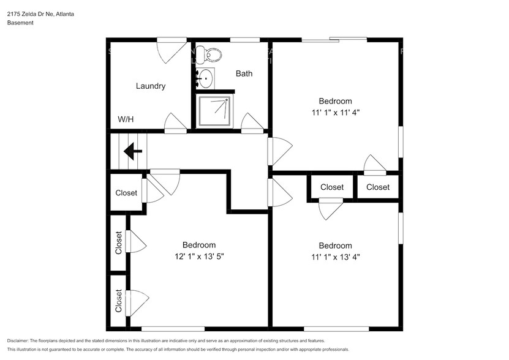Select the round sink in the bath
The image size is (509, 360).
[206, 78]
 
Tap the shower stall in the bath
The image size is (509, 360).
[215, 111]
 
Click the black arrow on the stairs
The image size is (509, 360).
[133, 150]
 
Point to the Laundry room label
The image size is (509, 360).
[150, 86]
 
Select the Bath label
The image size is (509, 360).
[244, 74]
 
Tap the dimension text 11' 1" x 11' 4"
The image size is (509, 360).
[335, 113]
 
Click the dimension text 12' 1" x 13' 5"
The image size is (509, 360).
[198, 257]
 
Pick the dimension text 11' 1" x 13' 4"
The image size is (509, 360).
[335, 257]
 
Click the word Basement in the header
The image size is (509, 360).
[20, 23]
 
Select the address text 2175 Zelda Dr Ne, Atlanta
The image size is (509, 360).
[41, 13]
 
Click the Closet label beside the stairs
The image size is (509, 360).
[126, 193]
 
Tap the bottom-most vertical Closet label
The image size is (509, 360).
[119, 301]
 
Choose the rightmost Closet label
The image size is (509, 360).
[378, 187]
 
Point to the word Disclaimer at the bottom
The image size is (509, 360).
[21, 340]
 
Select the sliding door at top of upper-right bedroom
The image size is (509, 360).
[334, 40]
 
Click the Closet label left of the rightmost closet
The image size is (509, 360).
[332, 187]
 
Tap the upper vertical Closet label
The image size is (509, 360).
[119, 242]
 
